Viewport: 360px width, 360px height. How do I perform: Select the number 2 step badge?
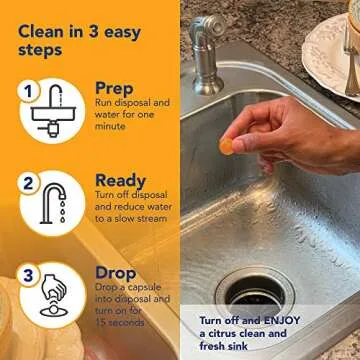click(29, 184)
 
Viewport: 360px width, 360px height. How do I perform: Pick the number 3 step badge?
click(29, 274)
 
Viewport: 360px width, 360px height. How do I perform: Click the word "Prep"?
click(115, 88)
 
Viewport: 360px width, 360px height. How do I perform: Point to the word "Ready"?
click(120, 180)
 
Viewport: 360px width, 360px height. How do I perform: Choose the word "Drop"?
click(115, 272)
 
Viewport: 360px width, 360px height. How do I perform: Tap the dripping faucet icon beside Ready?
click(57, 201)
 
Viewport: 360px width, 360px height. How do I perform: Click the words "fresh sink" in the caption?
click(223, 346)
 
